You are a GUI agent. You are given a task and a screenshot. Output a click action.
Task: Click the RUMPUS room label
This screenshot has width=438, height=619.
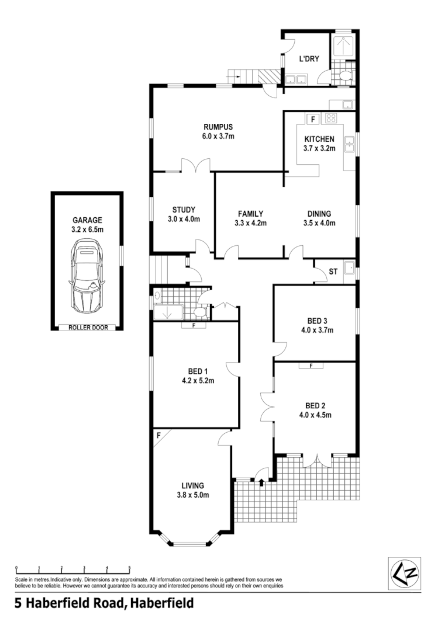click(x=219, y=127)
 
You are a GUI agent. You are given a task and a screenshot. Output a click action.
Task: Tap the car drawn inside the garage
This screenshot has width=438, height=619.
click(x=87, y=277)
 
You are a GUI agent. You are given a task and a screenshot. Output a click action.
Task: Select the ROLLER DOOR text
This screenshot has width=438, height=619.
click(x=88, y=327)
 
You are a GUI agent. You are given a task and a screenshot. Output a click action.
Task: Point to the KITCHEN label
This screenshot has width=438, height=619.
click(x=319, y=139)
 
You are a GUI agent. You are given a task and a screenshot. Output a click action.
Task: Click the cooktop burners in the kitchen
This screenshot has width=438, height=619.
click(x=331, y=119)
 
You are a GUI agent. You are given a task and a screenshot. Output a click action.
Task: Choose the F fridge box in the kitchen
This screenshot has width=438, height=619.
click(x=313, y=119)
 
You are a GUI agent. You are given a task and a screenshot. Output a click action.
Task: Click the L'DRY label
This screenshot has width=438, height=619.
click(x=308, y=58)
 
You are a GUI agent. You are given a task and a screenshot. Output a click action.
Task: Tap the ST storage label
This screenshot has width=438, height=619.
click(x=333, y=272)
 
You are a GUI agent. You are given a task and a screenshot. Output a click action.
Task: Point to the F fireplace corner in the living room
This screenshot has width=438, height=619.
click(x=158, y=435)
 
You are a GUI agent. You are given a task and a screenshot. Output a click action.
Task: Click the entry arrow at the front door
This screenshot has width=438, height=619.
click(x=261, y=482)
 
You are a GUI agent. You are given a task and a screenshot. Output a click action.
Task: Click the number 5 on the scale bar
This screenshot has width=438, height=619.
click(x=129, y=568)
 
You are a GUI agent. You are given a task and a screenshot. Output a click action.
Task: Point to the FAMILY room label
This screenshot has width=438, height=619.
click(x=250, y=213)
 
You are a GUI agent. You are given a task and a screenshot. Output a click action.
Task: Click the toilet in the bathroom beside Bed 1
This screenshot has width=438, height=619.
click(x=199, y=312)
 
